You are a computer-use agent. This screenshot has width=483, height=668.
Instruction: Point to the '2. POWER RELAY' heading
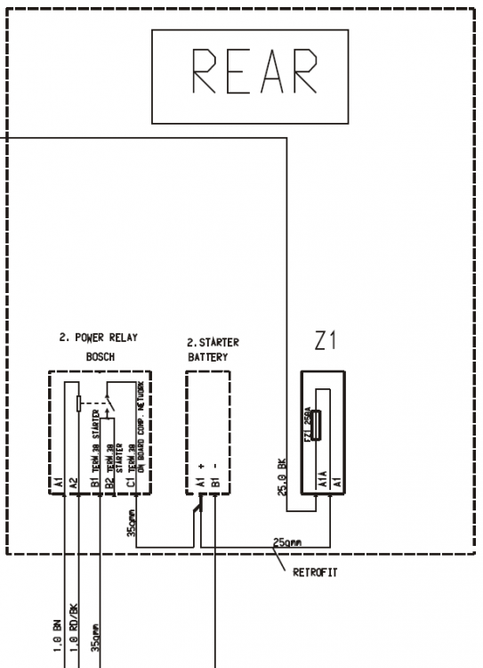(99, 338)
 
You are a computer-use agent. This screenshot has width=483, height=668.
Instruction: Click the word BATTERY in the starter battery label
(207, 356)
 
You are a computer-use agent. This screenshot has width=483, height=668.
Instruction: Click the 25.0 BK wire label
(281, 476)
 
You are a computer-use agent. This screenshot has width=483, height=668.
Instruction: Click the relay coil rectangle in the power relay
(79, 403)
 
